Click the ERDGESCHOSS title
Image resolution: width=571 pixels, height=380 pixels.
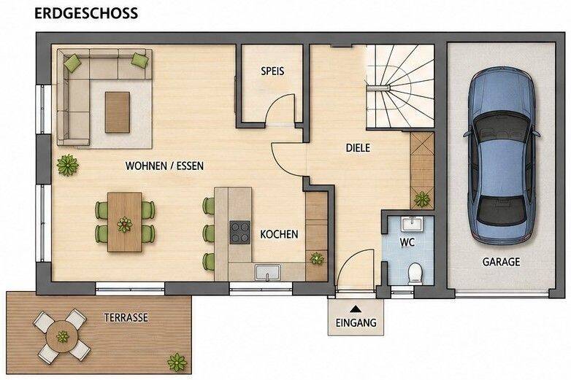(86, 13)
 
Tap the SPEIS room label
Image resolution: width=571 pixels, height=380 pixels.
(272, 71)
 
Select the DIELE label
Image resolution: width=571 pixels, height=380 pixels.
(358, 147)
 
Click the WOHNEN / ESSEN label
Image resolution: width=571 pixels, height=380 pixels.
(164, 166)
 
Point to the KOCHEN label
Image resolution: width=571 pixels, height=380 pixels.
(279, 234)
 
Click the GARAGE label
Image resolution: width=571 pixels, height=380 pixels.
(501, 262)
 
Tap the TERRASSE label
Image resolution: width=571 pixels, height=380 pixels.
(126, 317)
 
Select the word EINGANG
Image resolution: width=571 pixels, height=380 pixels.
(356, 322)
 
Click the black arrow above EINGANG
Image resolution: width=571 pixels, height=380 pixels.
(356, 309)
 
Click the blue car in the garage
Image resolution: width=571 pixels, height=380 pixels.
(501, 155)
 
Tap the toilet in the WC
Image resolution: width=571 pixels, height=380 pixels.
(415, 274)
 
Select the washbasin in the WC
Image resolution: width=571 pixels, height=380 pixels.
(412, 224)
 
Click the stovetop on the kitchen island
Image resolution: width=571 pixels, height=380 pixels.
(240, 233)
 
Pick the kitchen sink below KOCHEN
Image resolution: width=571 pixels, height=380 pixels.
(268, 272)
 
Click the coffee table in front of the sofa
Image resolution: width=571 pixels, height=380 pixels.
(118, 112)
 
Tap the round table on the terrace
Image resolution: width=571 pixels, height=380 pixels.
(62, 336)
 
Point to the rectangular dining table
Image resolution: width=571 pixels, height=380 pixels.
(125, 222)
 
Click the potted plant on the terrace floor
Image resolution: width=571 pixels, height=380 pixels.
(177, 362)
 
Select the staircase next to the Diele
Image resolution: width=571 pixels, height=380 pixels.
(400, 86)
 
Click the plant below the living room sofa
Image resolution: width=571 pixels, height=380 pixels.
(67, 165)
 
